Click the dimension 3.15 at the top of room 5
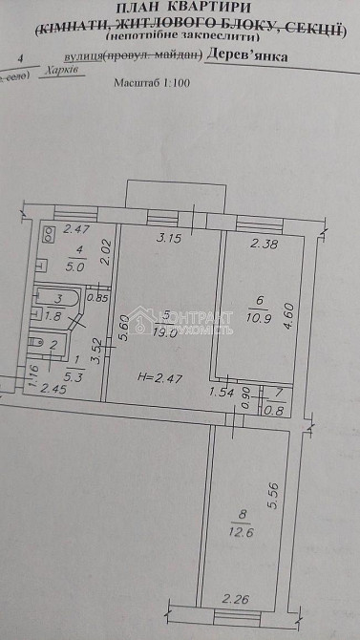coord(168,237)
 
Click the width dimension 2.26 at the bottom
coord(235,599)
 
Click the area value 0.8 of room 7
coord(279,412)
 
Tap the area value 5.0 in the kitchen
coord(75,267)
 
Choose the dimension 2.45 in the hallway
coord(51,389)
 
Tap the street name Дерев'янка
coord(247,57)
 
